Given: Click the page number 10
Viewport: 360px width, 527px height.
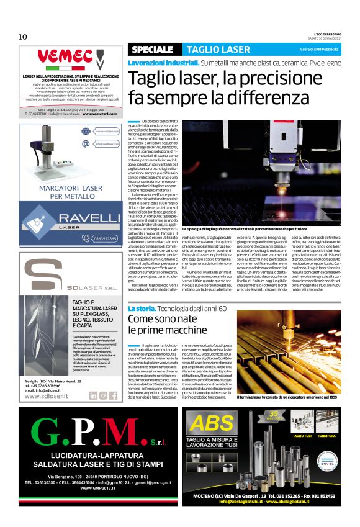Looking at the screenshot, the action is point(22,37).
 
